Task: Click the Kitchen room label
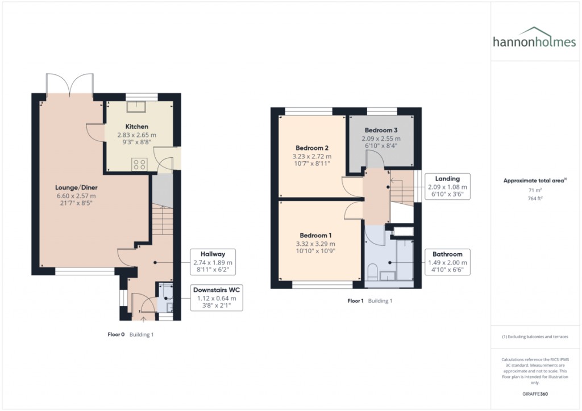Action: click(137, 127)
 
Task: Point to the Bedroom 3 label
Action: click(381, 130)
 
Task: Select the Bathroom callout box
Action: click(447, 261)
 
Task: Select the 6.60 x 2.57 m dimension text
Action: click(71, 196)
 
